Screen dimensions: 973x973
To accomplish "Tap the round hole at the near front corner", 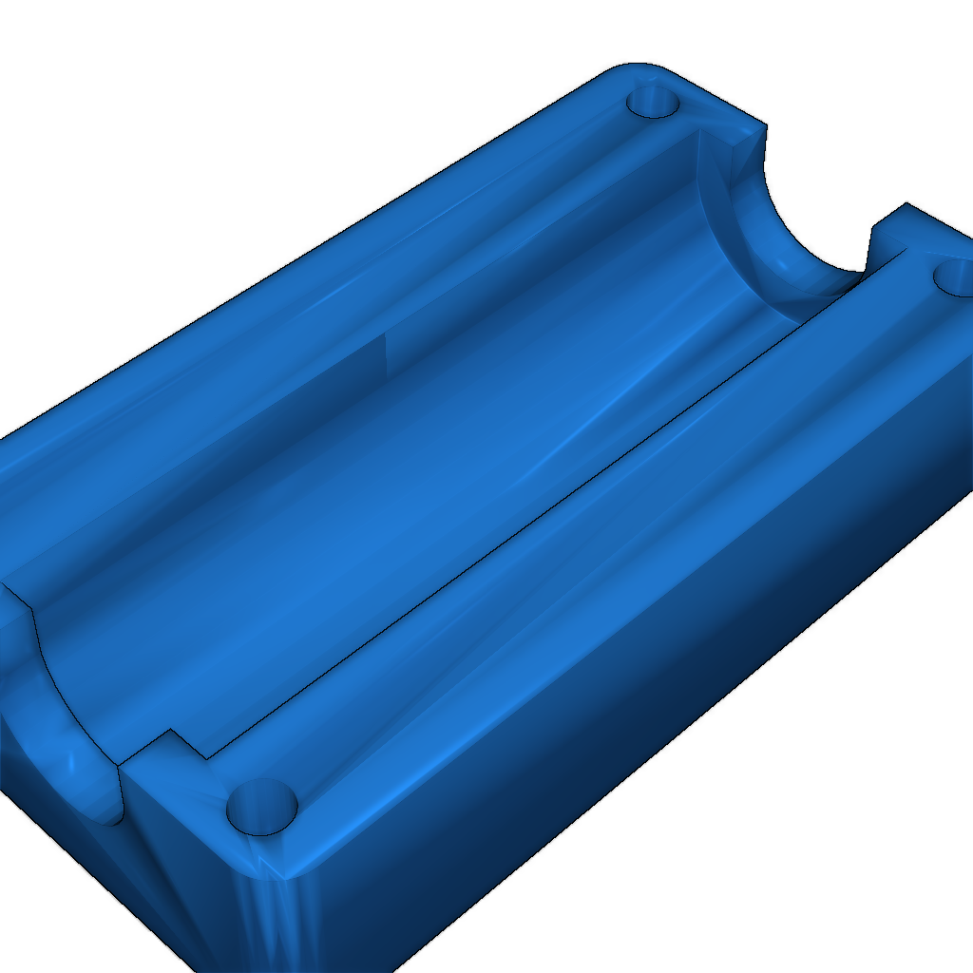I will [262, 808].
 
